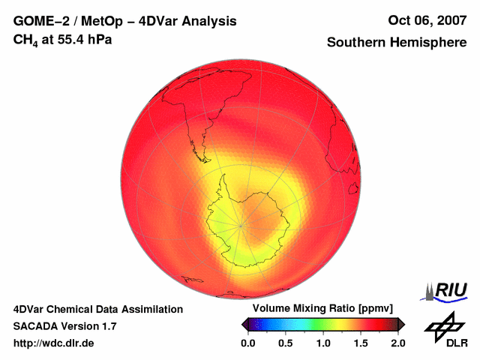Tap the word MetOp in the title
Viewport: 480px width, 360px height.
100,22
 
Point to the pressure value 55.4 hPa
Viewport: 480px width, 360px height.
85,38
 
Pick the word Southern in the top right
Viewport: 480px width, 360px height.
358,43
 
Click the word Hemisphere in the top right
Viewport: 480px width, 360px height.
428,43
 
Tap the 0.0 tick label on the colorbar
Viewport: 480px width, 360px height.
247,343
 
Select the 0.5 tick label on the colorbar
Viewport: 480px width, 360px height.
285,343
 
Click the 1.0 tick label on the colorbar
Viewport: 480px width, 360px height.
323,343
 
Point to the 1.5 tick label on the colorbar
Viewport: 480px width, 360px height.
361,343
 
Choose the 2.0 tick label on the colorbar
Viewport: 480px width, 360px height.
398,343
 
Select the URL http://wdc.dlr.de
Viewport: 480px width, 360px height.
54,343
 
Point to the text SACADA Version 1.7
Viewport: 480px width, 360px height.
64,326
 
